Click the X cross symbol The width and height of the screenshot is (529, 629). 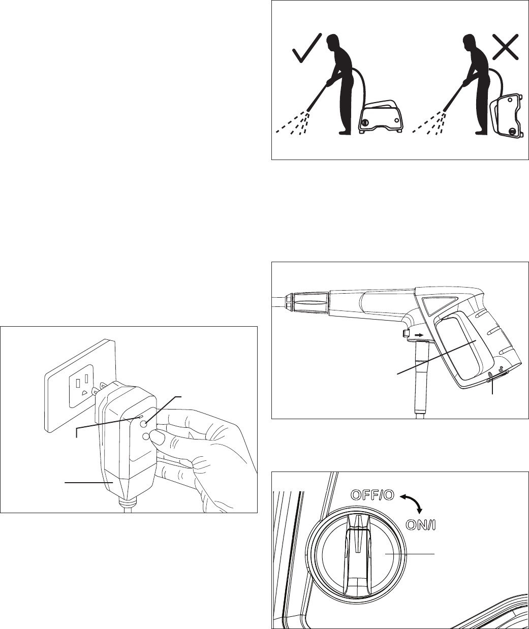coord(506,46)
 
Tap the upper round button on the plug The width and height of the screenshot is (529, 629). coord(144,424)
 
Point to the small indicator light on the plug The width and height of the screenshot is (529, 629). coord(140,417)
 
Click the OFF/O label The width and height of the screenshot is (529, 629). coord(372,495)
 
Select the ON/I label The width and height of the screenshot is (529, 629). coord(420,525)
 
